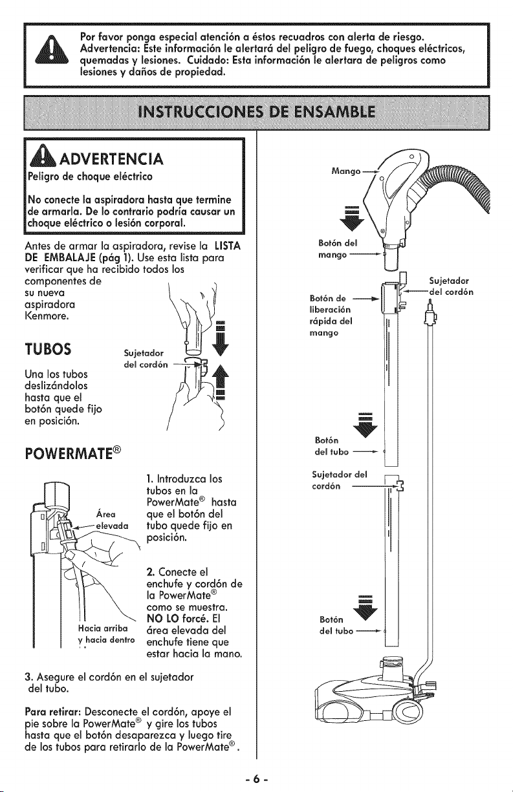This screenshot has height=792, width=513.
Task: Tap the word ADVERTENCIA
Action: pos(111,159)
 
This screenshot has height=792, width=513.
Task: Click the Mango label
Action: pos(345,171)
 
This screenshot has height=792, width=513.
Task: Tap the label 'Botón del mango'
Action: pos(338,249)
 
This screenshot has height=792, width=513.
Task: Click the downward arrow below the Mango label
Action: pos(352,217)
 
